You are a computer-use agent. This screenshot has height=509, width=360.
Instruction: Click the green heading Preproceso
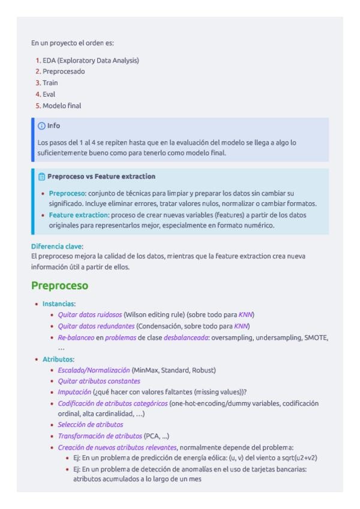[x=59, y=286]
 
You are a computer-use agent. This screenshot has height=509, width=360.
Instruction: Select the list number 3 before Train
[x=38, y=83]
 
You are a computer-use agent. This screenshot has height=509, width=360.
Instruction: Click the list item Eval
[x=49, y=94]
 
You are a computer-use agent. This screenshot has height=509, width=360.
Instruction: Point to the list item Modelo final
[x=62, y=106]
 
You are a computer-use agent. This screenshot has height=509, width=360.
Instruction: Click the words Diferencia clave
[x=57, y=246]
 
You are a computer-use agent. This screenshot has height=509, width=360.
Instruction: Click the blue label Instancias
[x=58, y=304]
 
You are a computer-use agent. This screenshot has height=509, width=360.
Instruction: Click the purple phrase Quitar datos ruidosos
[x=90, y=315]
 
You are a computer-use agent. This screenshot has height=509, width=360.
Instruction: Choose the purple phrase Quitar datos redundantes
[x=96, y=326]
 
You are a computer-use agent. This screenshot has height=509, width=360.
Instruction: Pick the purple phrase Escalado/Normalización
[x=94, y=370]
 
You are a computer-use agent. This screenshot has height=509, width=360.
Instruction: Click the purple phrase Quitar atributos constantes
[x=99, y=381]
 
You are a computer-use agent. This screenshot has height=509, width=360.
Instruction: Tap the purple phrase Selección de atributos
[x=91, y=425]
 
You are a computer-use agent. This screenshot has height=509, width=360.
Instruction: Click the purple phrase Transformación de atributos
[x=100, y=436]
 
